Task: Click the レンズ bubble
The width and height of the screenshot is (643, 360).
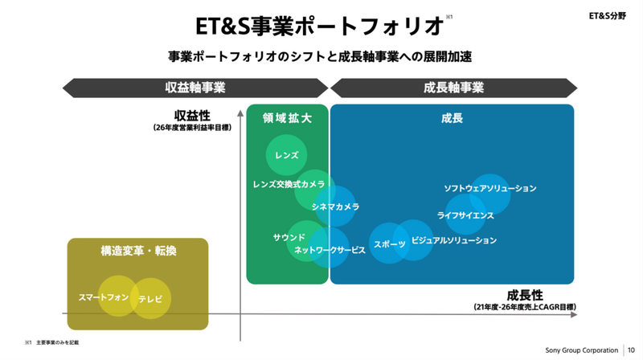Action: click(x=286, y=155)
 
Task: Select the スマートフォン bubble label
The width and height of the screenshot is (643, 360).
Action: click(x=104, y=297)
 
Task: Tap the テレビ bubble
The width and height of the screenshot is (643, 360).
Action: click(x=150, y=299)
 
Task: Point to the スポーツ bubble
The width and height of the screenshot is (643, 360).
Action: click(x=390, y=243)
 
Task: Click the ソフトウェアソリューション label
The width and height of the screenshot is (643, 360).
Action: click(x=489, y=188)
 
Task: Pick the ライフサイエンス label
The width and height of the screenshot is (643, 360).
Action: click(x=465, y=215)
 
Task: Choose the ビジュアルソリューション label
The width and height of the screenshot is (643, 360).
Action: click(x=453, y=240)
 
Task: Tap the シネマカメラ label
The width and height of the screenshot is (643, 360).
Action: click(x=335, y=207)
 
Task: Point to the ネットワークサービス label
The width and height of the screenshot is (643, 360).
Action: click(x=330, y=250)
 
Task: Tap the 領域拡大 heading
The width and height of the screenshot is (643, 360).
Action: click(x=287, y=118)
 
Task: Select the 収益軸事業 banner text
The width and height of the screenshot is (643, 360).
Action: click(x=195, y=87)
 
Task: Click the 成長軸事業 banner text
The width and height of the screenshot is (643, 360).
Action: click(x=453, y=87)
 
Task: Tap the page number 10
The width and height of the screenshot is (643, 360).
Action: click(x=631, y=350)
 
